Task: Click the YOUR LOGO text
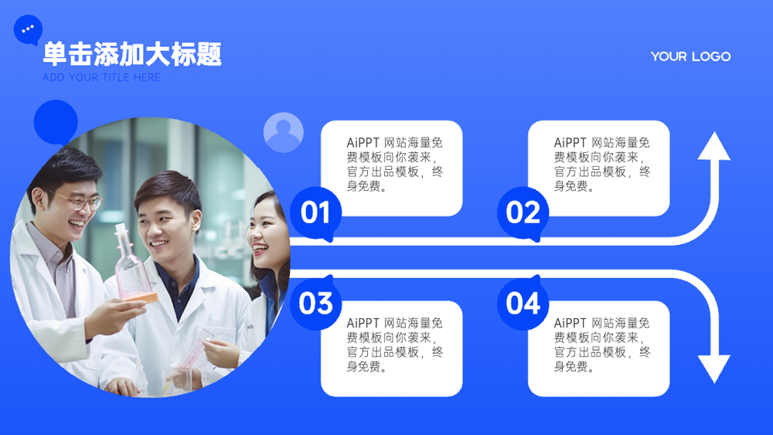[690, 56]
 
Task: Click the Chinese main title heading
[132, 53]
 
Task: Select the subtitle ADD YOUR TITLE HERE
[101, 77]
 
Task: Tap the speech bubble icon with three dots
[28, 29]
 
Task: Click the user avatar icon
[284, 132]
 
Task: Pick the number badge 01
[315, 213]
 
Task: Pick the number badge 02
[523, 213]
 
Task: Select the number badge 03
[315, 302]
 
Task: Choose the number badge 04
[523, 302]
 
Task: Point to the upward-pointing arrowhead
[713, 146]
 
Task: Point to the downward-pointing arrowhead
[713, 369]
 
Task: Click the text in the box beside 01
[395, 164]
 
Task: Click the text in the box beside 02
[602, 164]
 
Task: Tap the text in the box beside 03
[395, 345]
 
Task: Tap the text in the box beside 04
[602, 345]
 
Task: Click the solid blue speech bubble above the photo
[56, 122]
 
